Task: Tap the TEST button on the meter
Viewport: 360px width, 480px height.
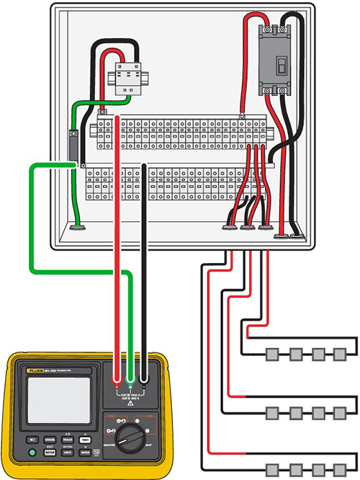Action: click(x=86, y=440)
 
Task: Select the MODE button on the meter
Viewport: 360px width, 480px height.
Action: click(x=86, y=452)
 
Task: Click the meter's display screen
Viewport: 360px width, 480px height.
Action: click(x=58, y=401)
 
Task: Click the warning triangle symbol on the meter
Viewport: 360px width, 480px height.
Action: click(x=130, y=404)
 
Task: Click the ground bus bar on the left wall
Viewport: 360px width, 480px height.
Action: click(x=73, y=143)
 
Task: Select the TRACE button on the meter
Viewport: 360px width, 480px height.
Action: click(x=68, y=440)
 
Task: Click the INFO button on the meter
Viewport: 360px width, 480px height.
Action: click(x=68, y=452)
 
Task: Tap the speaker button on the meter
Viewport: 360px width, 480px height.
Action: click(x=32, y=440)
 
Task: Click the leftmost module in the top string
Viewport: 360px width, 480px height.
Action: click(x=273, y=355)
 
